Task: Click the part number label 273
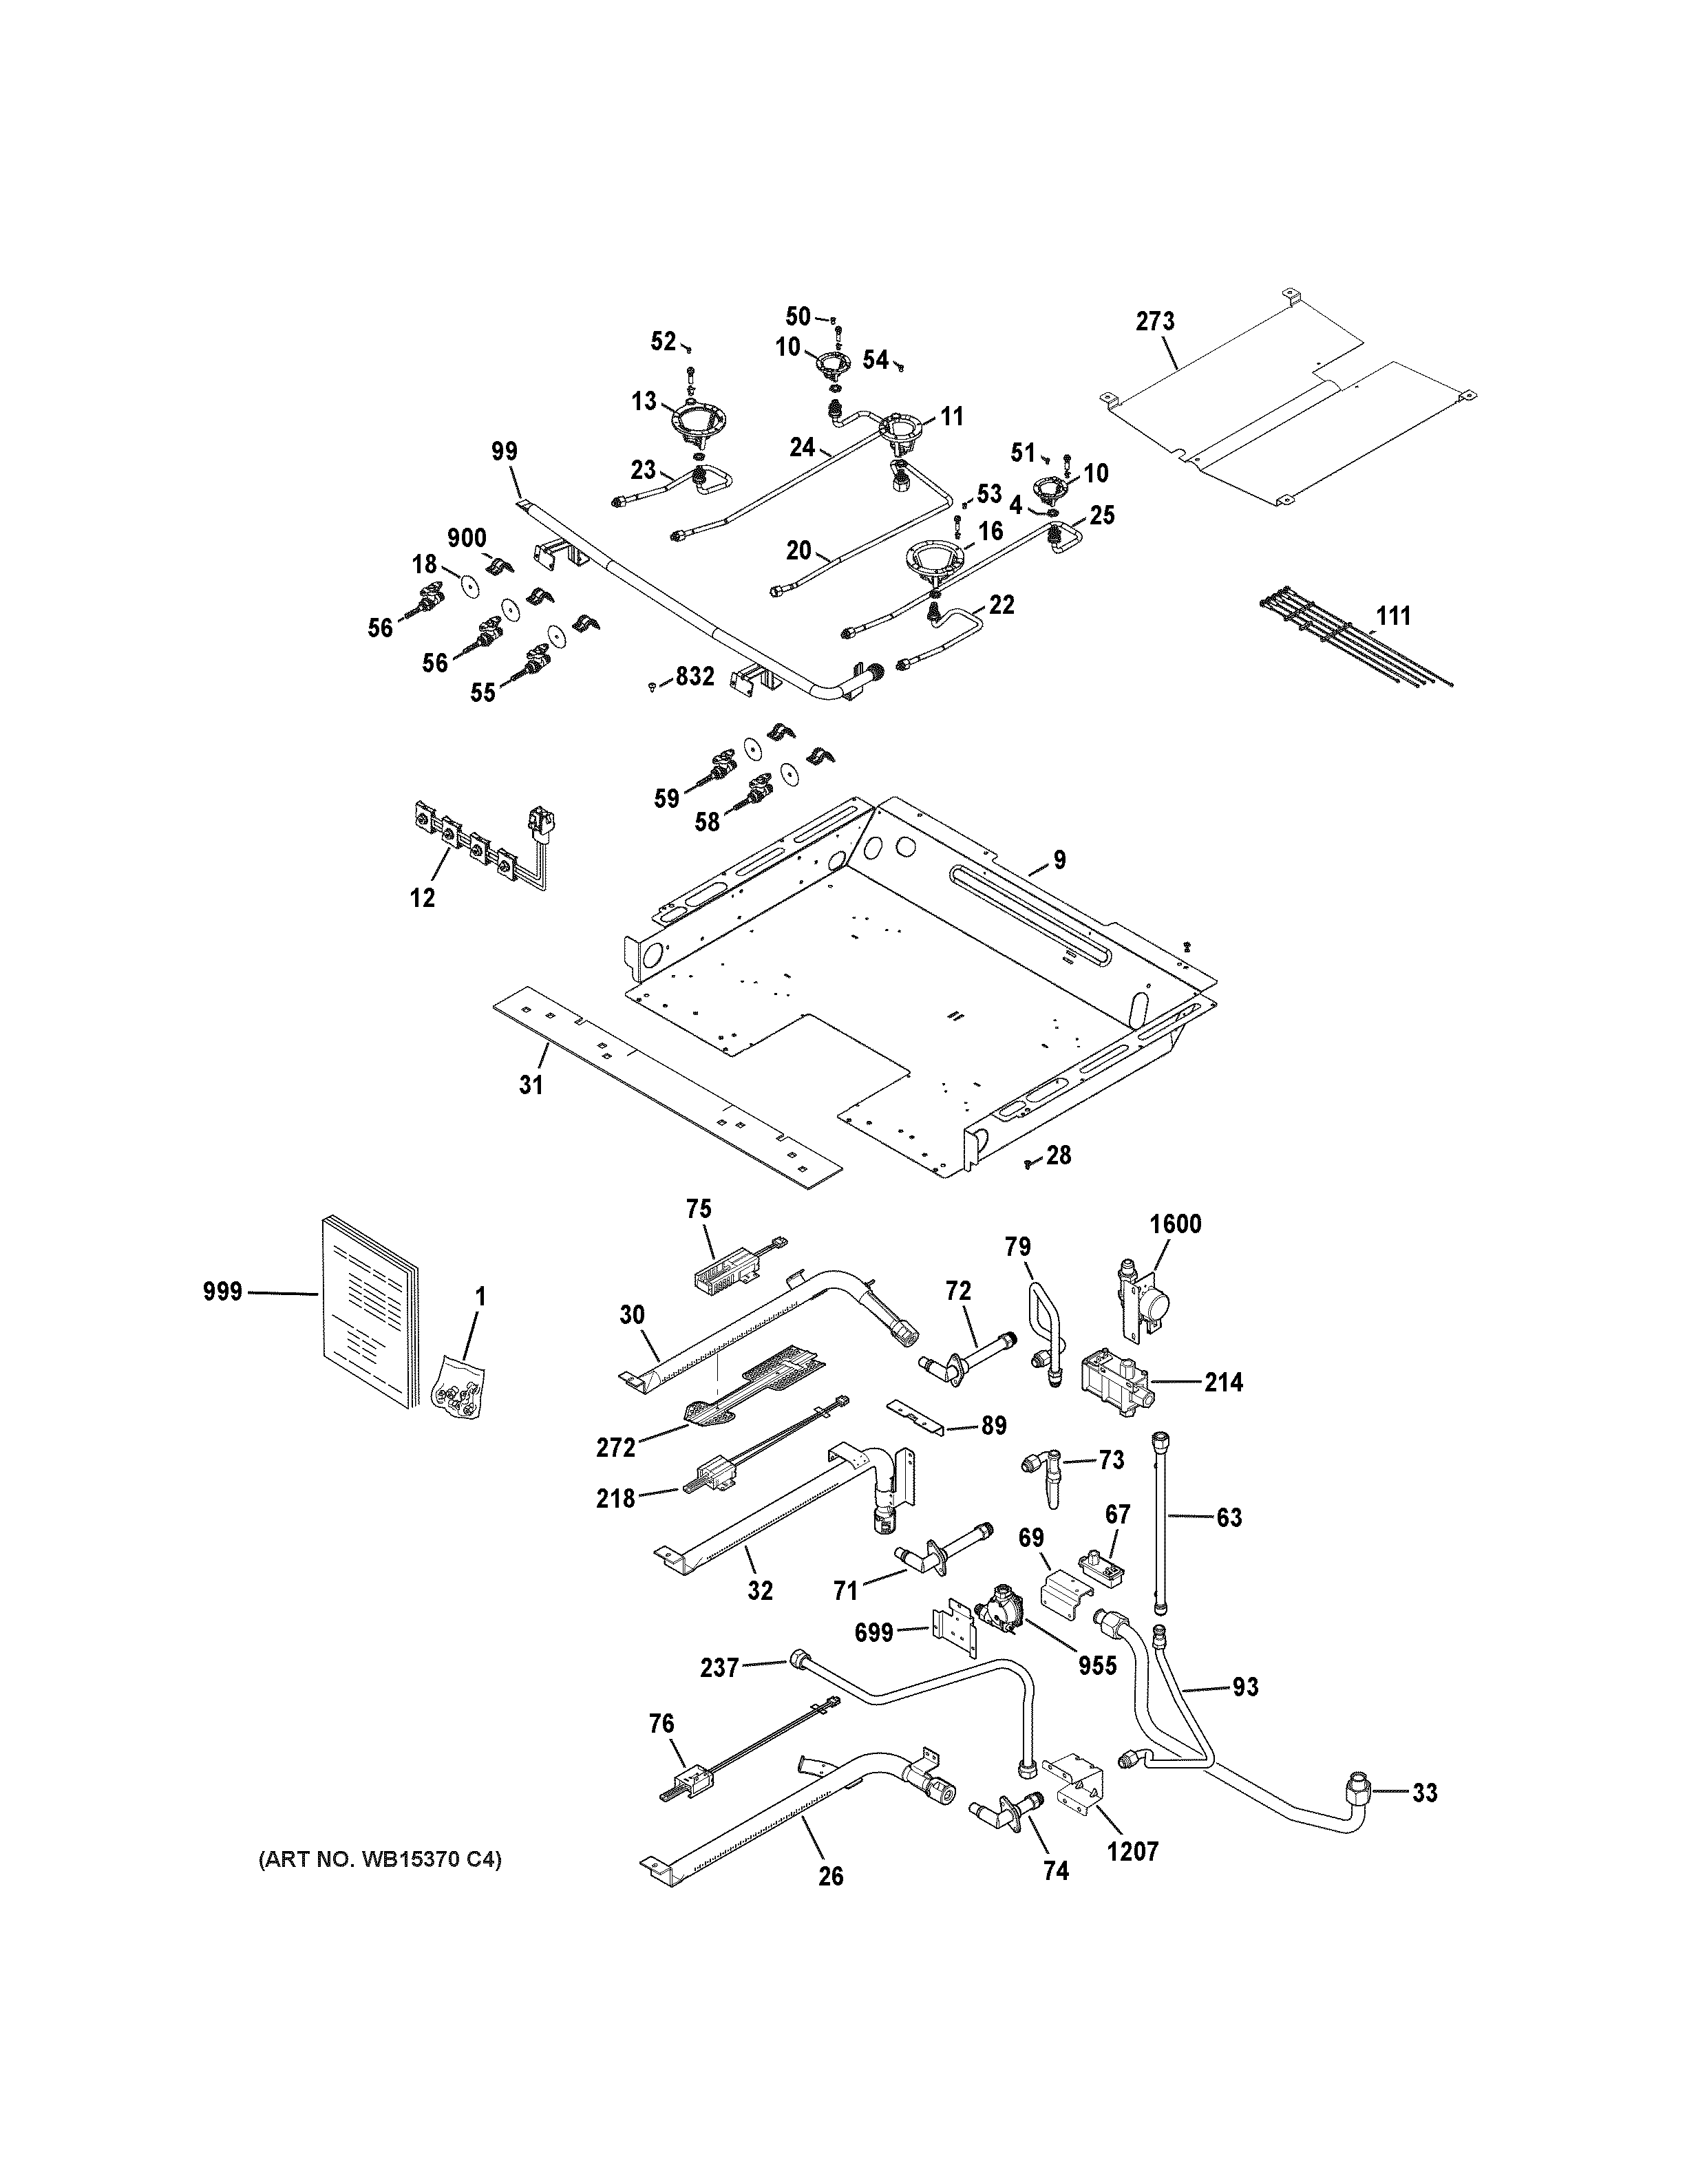(1155, 321)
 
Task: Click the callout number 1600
(1175, 1225)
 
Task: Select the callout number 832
(695, 676)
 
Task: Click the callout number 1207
(1133, 1852)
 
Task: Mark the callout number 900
(466, 539)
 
